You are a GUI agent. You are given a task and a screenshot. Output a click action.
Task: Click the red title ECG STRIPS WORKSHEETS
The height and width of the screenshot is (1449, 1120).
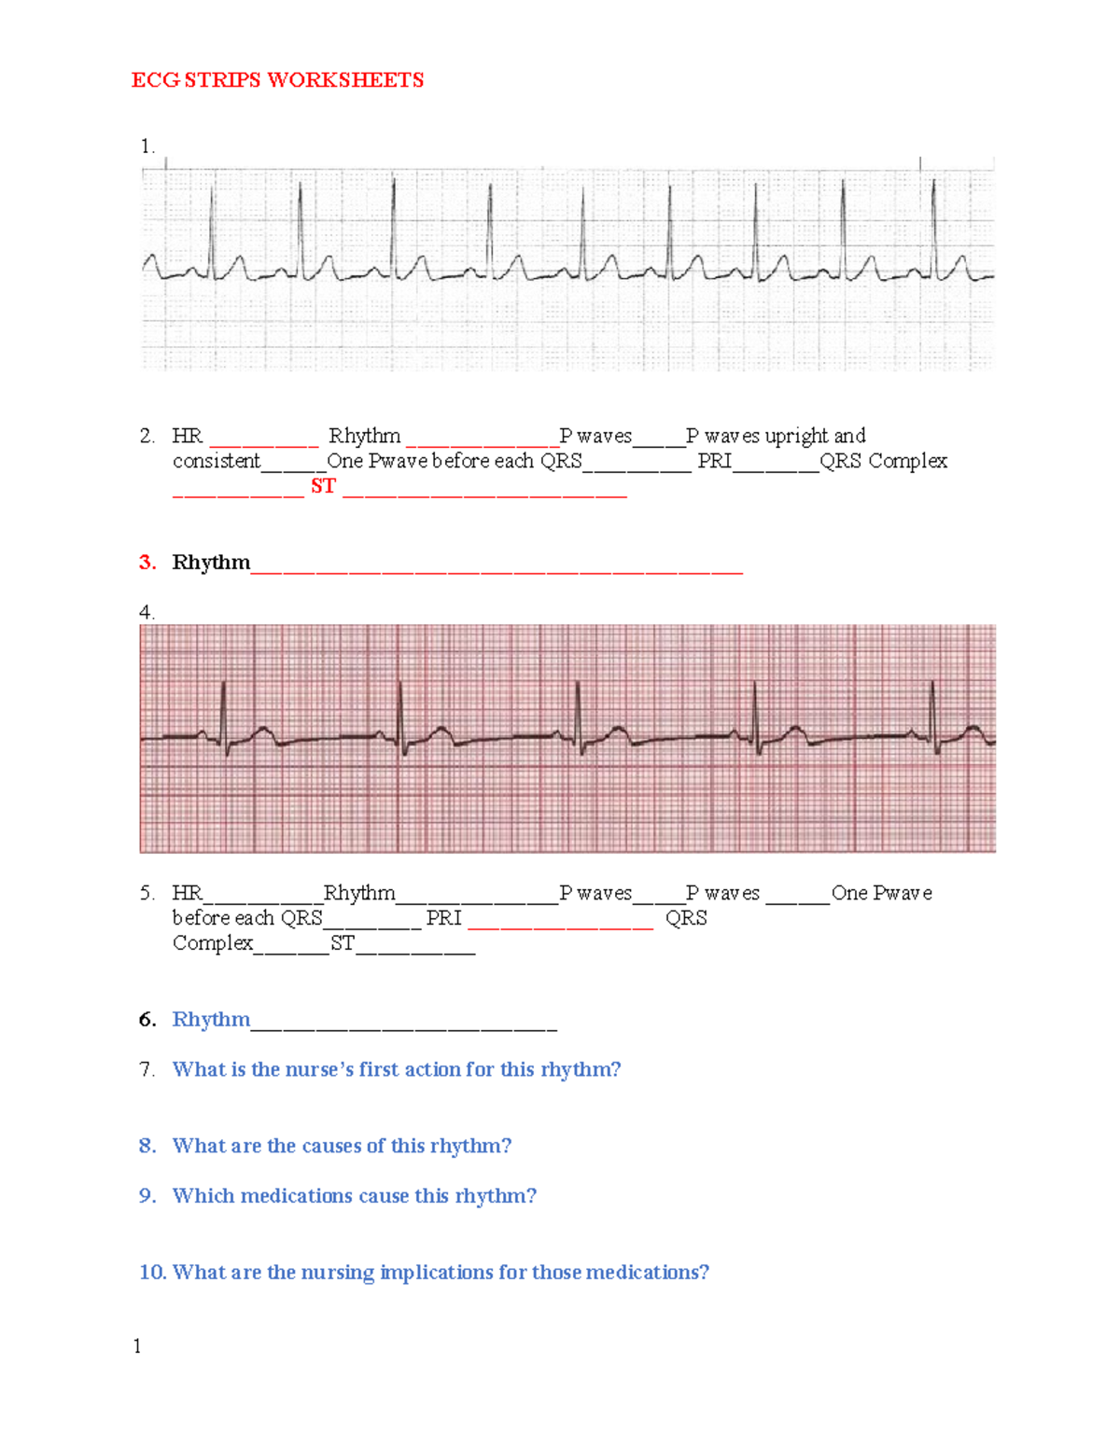tap(277, 80)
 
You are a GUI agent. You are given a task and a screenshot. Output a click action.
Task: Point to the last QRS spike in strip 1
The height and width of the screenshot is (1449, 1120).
tap(933, 224)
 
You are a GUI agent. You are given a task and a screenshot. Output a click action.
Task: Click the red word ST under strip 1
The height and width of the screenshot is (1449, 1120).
tap(323, 486)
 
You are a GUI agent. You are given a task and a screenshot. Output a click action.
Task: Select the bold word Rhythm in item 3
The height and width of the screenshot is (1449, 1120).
tap(212, 563)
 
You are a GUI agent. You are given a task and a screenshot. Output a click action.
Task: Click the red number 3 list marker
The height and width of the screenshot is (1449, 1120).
tap(147, 563)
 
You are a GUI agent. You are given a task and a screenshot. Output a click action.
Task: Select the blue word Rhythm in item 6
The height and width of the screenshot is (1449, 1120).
tap(212, 1019)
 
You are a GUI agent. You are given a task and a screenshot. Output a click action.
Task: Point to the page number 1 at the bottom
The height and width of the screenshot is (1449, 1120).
tap(137, 1345)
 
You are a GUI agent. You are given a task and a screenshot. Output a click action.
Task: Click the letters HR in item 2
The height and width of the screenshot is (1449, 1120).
tap(188, 436)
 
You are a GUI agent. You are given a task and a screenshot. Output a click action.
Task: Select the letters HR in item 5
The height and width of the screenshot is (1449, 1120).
tap(188, 893)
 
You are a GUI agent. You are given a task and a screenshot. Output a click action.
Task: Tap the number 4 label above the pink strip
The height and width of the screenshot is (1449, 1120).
tap(146, 612)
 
